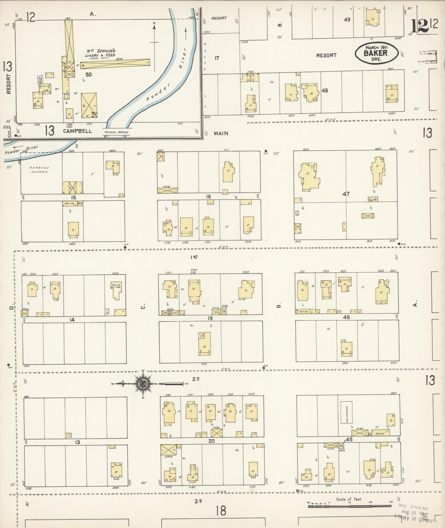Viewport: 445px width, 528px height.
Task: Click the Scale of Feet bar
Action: (x=349, y=506)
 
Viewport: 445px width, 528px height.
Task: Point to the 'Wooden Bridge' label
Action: (x=116, y=132)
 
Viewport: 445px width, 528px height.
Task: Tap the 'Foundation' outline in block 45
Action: (x=346, y=412)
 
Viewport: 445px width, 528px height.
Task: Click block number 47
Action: (x=346, y=194)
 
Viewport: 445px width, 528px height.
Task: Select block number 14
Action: (x=72, y=320)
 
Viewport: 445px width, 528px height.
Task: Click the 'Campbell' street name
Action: (x=78, y=131)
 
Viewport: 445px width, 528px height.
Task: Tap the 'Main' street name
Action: (x=221, y=134)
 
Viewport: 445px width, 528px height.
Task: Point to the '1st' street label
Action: (x=194, y=257)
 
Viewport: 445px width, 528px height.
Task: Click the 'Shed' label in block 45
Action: (x=380, y=433)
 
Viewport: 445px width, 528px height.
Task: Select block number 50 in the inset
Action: (x=89, y=74)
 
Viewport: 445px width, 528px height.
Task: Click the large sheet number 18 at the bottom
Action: (x=221, y=510)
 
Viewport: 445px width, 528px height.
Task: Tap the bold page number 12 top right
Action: (x=420, y=26)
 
